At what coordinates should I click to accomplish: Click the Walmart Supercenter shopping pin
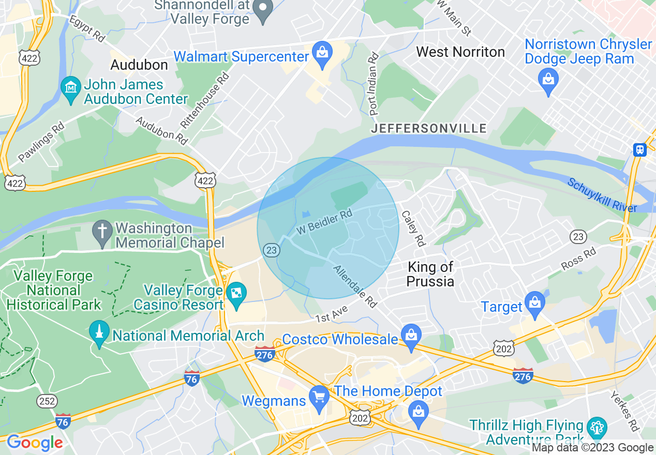click(x=322, y=54)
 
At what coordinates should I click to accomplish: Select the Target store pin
click(x=534, y=304)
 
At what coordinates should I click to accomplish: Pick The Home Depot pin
click(x=418, y=414)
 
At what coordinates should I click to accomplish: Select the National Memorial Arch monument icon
click(x=99, y=333)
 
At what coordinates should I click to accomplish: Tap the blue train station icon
click(x=640, y=149)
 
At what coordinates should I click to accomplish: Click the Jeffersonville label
click(x=429, y=128)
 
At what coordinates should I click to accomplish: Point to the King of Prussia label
click(x=430, y=274)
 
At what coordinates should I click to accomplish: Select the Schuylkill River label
click(x=602, y=195)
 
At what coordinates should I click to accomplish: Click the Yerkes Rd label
click(x=624, y=411)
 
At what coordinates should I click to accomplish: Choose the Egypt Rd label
click(x=87, y=29)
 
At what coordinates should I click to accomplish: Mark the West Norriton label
click(x=460, y=52)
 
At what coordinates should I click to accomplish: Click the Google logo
click(x=35, y=443)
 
